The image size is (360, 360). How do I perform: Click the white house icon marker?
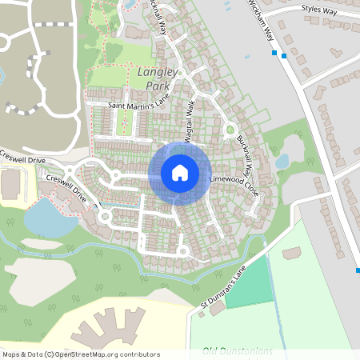pos(180,173)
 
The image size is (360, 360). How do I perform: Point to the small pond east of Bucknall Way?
pos(282,161)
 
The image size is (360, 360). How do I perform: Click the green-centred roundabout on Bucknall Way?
pos(230,130)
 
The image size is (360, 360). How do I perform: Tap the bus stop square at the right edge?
pos(358,270)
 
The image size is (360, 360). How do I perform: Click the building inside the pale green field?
pos(292,253)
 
